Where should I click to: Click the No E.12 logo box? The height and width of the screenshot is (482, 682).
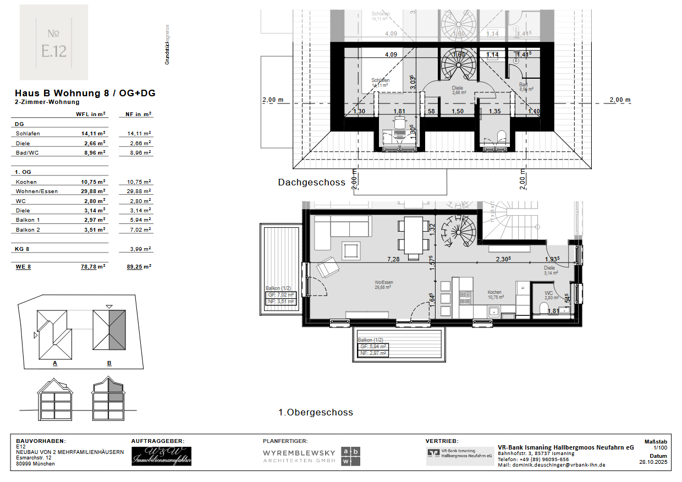54,42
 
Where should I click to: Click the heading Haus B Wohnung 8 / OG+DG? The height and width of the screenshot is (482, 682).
85,93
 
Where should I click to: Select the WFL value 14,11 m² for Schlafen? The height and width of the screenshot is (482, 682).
94,134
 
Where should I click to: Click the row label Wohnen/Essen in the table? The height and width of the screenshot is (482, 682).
37,191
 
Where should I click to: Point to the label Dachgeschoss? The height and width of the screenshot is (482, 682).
311,183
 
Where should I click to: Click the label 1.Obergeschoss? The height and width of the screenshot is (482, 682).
315,412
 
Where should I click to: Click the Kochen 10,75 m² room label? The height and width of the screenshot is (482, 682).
494,295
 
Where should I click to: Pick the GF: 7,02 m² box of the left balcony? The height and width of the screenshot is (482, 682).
281,295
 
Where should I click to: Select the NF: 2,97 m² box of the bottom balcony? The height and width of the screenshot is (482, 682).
373,353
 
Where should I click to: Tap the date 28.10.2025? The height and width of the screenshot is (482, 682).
653,463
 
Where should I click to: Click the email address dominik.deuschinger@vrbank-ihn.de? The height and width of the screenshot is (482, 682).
551,465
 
